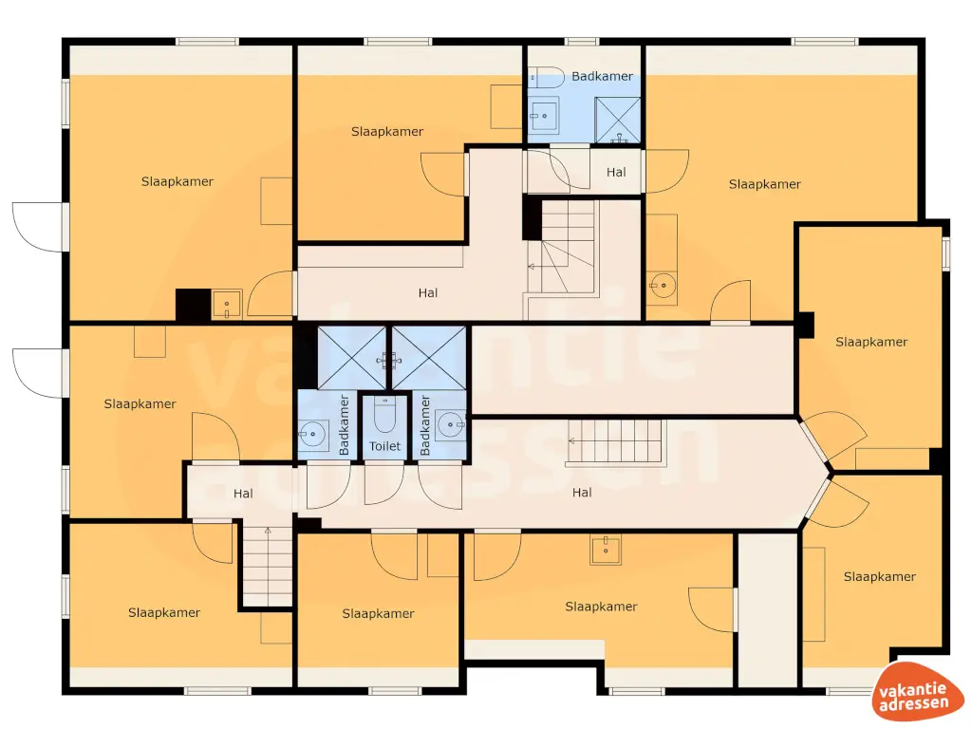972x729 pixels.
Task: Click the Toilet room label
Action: tap(385, 445)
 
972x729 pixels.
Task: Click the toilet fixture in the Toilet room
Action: tap(385, 415)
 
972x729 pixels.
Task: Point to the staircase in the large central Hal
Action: tap(617, 441)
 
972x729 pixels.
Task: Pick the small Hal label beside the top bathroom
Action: tap(617, 172)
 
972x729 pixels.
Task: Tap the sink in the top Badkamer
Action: tap(544, 118)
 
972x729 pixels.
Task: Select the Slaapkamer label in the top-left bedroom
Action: tap(178, 181)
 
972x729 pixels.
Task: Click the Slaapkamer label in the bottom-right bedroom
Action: tap(879, 576)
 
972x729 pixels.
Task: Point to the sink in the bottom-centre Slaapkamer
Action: tap(605, 550)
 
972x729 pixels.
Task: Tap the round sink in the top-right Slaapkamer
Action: tap(662, 283)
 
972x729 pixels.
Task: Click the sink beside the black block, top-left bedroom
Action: tap(227, 305)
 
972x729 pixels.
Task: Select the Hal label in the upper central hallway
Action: tap(428, 292)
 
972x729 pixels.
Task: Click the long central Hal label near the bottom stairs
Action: tap(582, 492)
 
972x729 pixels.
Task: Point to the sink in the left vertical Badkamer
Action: tap(312, 436)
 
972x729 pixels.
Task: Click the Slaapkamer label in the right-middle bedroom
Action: tap(871, 342)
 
